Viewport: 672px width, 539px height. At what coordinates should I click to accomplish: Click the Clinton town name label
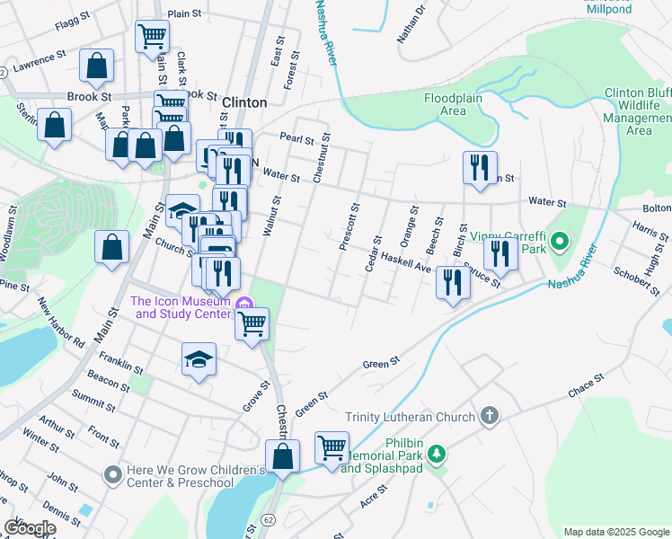tap(243, 103)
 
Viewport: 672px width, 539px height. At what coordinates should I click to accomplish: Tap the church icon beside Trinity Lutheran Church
tap(489, 416)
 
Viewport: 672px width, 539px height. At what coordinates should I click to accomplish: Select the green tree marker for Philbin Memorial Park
tap(437, 455)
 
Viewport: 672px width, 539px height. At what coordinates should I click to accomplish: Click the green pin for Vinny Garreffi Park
tap(560, 241)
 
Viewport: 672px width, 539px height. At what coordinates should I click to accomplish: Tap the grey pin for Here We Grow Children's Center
tap(112, 473)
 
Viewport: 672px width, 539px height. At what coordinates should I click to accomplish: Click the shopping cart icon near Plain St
tap(152, 36)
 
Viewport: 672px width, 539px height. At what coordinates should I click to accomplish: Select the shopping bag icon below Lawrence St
tap(96, 66)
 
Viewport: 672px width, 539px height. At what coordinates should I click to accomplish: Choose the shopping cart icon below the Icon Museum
tap(252, 322)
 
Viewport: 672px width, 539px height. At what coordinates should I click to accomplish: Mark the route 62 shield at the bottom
tap(268, 520)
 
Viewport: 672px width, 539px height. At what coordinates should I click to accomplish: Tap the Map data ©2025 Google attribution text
tap(615, 532)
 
